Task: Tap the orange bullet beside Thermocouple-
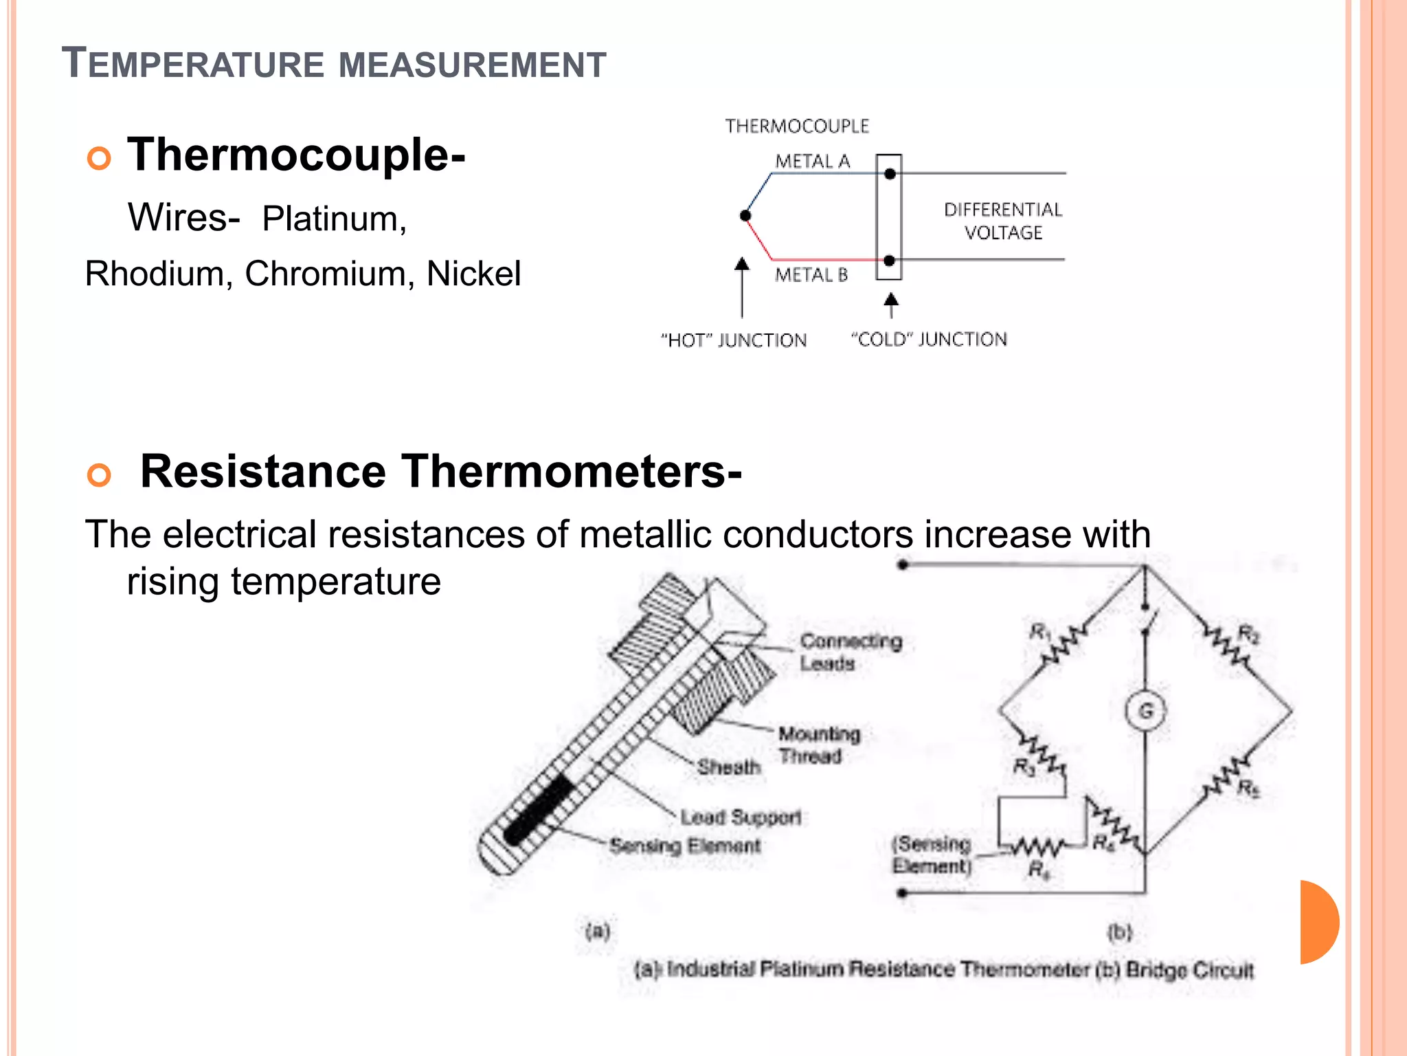click(x=99, y=158)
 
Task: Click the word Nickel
click(x=473, y=274)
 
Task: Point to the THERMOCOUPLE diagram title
click(x=797, y=126)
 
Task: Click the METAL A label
click(x=813, y=162)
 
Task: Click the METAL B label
click(x=811, y=275)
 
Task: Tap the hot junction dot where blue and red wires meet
click(x=745, y=216)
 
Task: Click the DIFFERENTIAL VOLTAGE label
click(x=1003, y=221)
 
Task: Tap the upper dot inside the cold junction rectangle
click(x=890, y=174)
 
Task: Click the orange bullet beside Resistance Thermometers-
click(x=99, y=475)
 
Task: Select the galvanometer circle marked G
click(x=1145, y=711)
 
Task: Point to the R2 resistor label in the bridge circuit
click(x=1248, y=634)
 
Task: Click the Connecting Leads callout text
click(x=850, y=652)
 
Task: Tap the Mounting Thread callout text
click(x=819, y=745)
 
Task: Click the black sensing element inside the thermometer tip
click(x=539, y=809)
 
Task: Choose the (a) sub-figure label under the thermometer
click(x=597, y=932)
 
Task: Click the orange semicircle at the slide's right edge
click(x=1318, y=922)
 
